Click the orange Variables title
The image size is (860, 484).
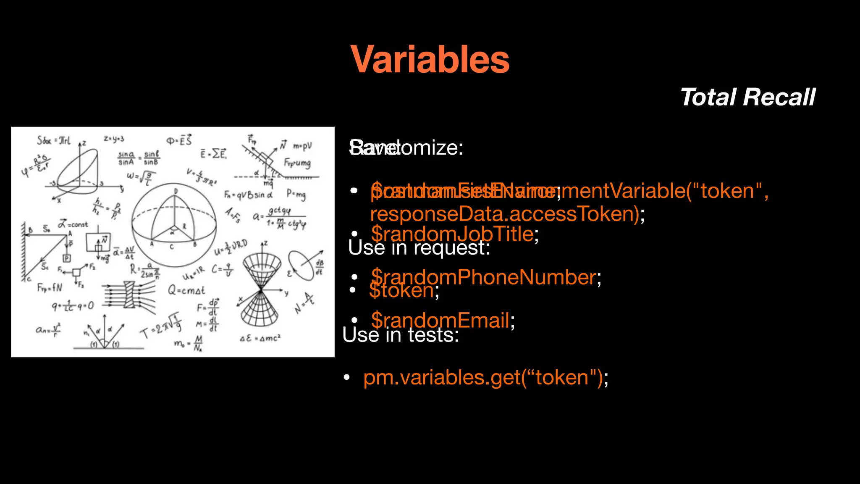[x=430, y=60]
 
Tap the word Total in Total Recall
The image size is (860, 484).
[x=708, y=97]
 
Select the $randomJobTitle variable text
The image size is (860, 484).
[x=452, y=234]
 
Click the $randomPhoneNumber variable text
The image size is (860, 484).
[x=483, y=277]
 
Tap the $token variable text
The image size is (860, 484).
[x=401, y=290]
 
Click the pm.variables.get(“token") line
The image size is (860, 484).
[x=483, y=377]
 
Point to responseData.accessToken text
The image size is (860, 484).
[x=504, y=214]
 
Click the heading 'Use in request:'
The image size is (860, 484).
[x=419, y=248]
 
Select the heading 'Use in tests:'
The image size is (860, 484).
[x=401, y=335]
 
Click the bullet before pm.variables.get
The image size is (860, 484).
[x=347, y=377]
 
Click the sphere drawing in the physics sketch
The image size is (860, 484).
[x=174, y=225]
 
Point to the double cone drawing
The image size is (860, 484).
[x=261, y=290]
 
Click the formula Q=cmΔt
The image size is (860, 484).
[x=186, y=290]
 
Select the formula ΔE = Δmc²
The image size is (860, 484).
[x=260, y=338]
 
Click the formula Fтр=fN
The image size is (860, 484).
[x=50, y=288]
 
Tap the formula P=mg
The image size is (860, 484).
[x=296, y=194]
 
